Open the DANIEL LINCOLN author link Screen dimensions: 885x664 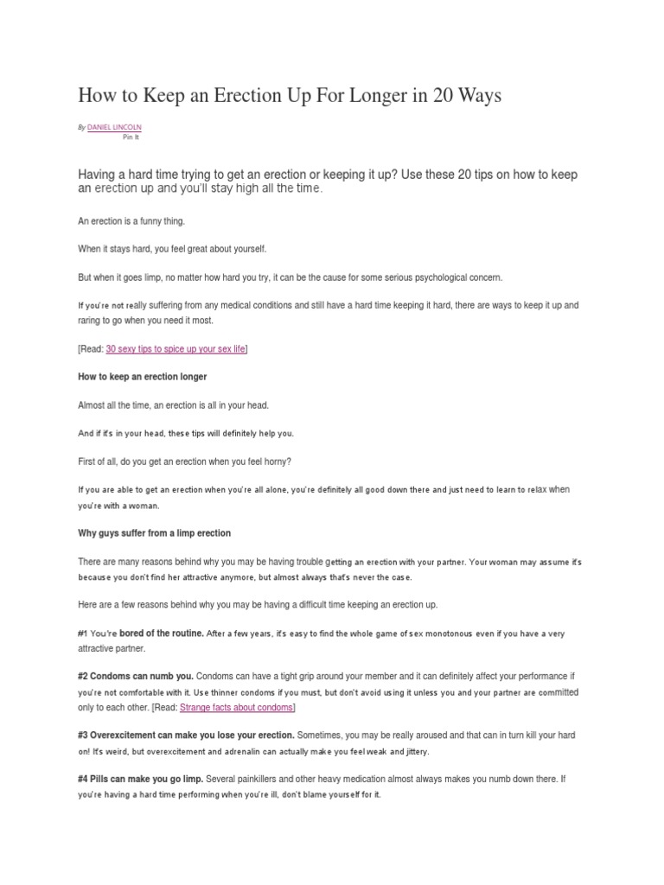click(115, 127)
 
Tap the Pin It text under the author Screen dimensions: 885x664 click(131, 137)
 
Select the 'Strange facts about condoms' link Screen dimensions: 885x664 click(236, 707)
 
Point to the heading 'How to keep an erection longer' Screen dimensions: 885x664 click(142, 377)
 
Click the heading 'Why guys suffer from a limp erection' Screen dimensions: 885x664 click(154, 532)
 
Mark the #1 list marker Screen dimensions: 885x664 click(84, 634)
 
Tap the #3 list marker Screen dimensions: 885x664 click(84, 735)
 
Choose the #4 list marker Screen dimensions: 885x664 click(84, 779)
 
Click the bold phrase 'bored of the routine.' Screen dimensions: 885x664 click(162, 634)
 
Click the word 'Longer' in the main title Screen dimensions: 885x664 click(373, 95)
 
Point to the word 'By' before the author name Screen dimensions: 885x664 click(81, 127)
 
